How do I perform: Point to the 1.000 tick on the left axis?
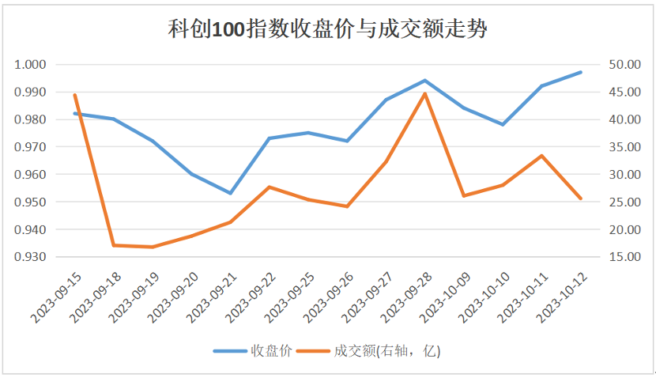tap(30, 65)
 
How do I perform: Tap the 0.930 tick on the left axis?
tap(30, 257)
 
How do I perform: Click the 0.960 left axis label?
tap(30, 175)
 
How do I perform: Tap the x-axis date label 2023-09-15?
tap(58, 297)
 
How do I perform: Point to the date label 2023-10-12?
tap(564, 297)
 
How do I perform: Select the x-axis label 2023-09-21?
tap(213, 297)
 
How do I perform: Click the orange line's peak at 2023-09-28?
tap(425, 93)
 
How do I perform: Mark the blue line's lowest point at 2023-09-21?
tap(230, 193)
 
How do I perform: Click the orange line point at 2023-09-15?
tap(75, 95)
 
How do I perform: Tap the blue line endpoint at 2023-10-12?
tap(581, 72)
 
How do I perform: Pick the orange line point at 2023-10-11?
tap(542, 156)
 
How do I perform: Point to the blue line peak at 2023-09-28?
tap(425, 81)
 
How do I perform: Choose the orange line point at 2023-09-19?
tap(153, 247)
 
